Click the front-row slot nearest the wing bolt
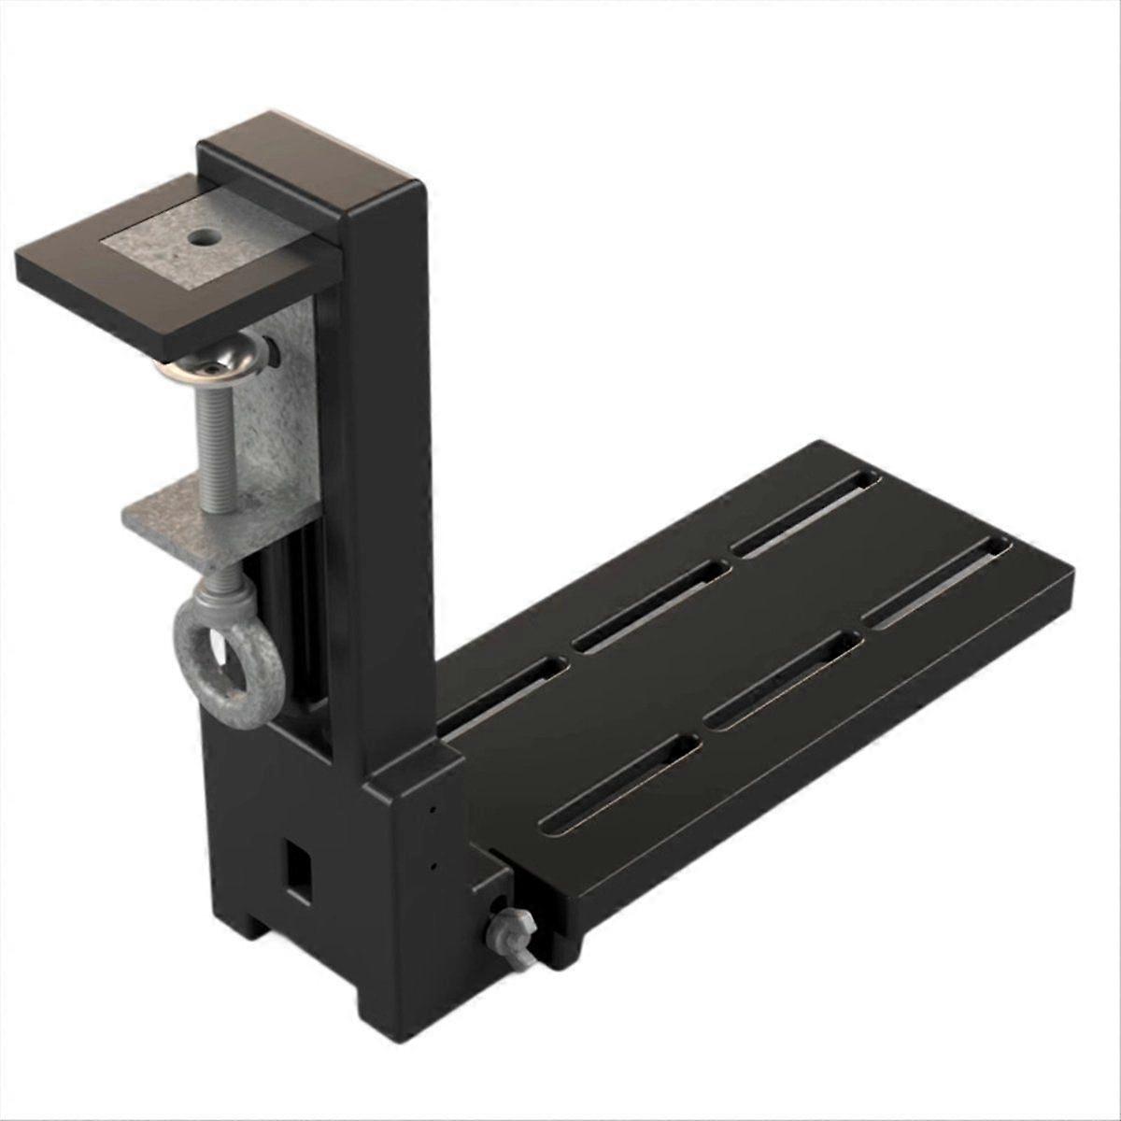[620, 781]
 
